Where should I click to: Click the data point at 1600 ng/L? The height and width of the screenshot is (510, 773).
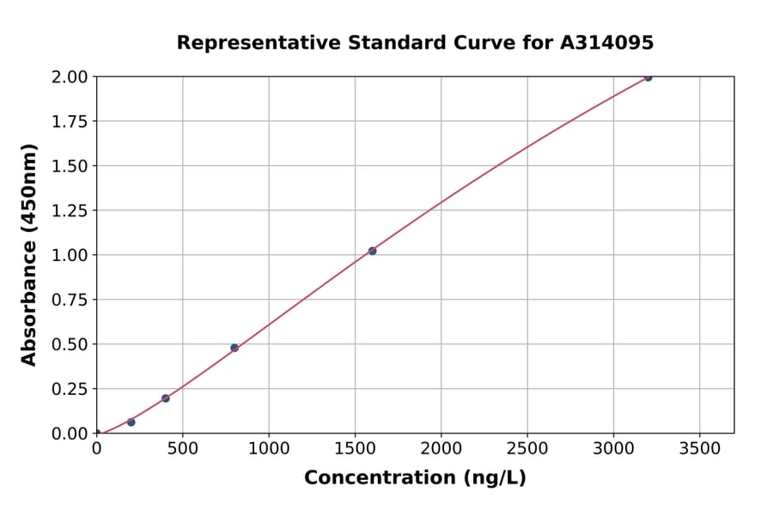tap(372, 251)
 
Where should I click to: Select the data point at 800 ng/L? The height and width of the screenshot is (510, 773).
tap(234, 348)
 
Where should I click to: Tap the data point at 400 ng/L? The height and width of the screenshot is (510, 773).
tap(166, 398)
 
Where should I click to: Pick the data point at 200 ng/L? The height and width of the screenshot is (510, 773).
tap(131, 422)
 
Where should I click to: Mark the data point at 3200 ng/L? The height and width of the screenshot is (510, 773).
tap(648, 77)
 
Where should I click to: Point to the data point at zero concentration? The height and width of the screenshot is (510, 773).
tap(97, 433)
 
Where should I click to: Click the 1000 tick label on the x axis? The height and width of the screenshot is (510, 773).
tap(269, 448)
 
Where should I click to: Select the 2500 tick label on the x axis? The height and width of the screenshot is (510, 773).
tap(527, 448)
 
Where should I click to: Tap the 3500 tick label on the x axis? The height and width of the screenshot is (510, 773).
tap(699, 448)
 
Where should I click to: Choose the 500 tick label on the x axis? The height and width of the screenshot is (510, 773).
tap(183, 448)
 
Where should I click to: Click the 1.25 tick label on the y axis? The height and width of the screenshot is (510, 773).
tap(70, 210)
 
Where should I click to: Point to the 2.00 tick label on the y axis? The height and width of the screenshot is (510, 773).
tap(70, 76)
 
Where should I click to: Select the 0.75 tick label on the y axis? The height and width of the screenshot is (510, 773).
tap(70, 300)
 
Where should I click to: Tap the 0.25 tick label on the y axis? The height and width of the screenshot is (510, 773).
tap(70, 389)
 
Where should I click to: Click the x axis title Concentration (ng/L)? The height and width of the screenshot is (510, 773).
tap(415, 478)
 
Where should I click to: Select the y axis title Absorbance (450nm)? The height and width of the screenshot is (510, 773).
tap(29, 255)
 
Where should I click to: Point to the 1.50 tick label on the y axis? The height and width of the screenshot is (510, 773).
tap(70, 166)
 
